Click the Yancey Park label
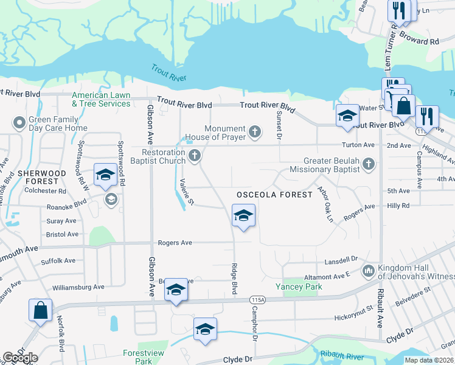pos(297,286)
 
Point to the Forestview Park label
pos(136,356)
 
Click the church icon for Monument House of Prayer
pos(255,131)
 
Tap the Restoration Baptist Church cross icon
pos(195,156)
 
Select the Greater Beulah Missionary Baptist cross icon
pos(368,164)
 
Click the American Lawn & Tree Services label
pos(101,99)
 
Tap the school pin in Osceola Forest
pos(243,215)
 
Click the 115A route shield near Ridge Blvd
pos(257,300)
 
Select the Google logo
pos(19,358)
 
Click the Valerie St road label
pos(186,191)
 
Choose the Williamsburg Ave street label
pos(78,287)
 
